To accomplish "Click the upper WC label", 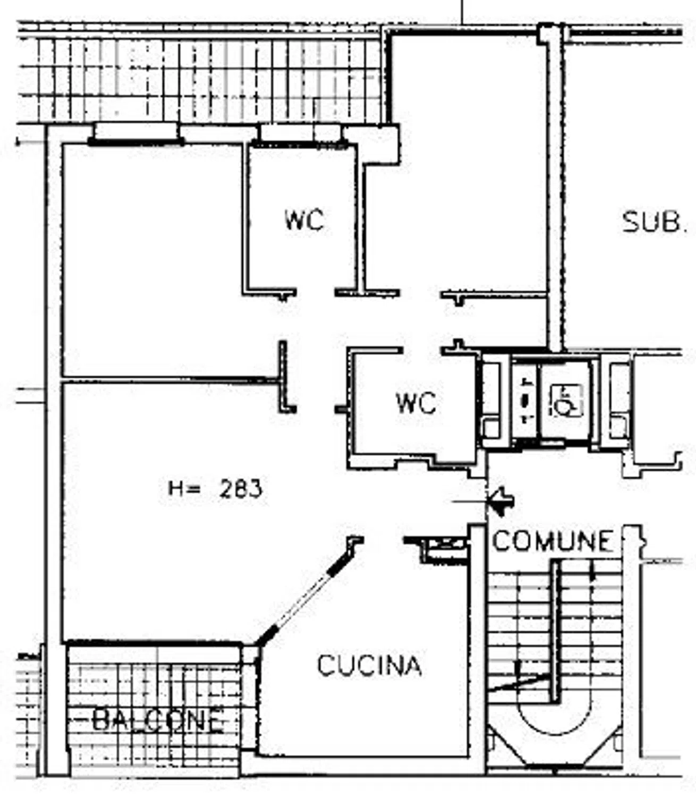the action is [x=304, y=220].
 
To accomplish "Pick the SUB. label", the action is [x=652, y=223].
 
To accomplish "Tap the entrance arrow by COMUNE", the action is [x=502, y=502].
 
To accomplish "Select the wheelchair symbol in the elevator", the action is [x=566, y=401].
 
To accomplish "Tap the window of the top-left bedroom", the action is [x=137, y=134].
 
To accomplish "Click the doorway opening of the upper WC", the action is [x=316, y=292].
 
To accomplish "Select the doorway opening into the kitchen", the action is [x=384, y=540].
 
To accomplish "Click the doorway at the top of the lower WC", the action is [x=422, y=351].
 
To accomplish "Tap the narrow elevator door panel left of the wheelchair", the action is [x=524, y=401].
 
